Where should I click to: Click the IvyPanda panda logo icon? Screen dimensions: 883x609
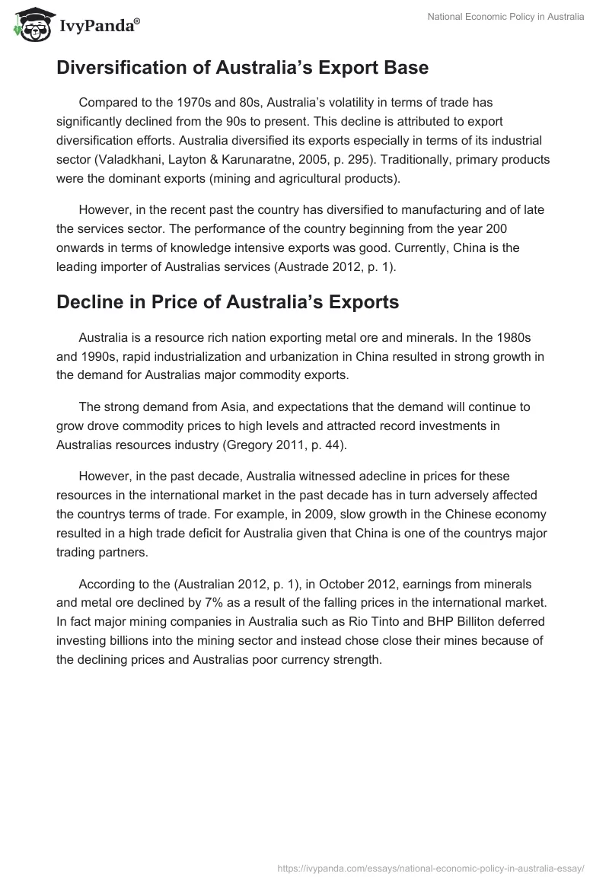pos(29,25)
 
